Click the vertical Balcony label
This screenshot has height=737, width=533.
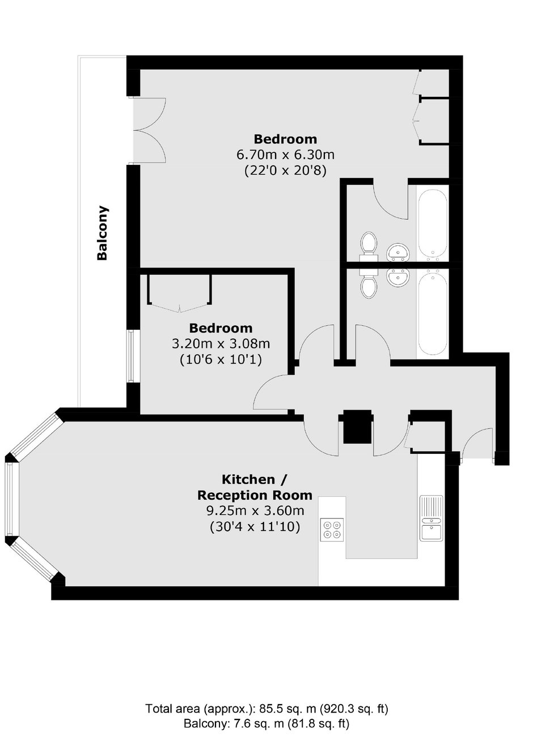pyautogui.click(x=103, y=233)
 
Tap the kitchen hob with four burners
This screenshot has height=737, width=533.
pyautogui.click(x=332, y=530)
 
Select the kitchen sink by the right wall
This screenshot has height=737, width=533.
pyautogui.click(x=431, y=518)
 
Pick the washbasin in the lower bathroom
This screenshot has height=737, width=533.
pyautogui.click(x=398, y=278)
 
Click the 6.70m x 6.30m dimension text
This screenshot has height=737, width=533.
pyautogui.click(x=285, y=155)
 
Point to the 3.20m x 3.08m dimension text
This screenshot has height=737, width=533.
pyautogui.click(x=221, y=344)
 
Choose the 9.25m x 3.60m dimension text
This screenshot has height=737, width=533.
pyautogui.click(x=255, y=511)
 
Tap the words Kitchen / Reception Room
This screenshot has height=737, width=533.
pyautogui.click(x=255, y=487)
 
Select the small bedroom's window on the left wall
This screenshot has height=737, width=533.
pyautogui.click(x=132, y=356)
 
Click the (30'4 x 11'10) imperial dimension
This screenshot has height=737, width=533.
pyautogui.click(x=255, y=527)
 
